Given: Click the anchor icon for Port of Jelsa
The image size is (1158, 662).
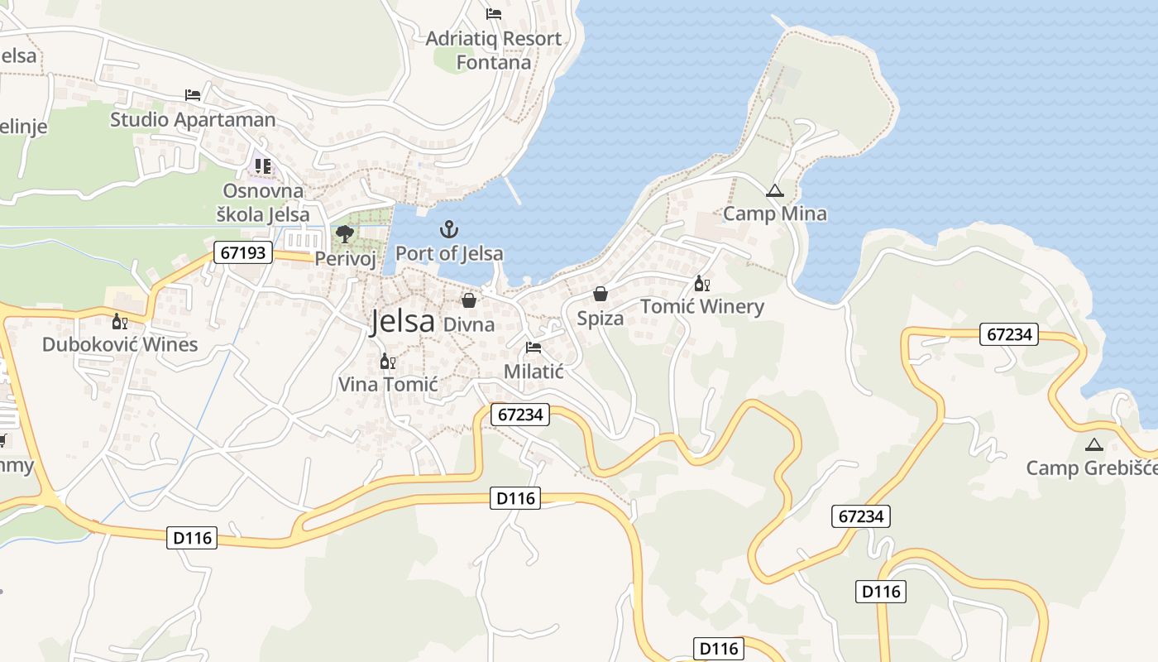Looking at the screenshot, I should tap(449, 229).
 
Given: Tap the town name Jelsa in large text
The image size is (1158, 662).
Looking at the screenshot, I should tap(403, 321).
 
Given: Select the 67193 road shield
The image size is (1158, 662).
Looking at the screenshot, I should tap(243, 252).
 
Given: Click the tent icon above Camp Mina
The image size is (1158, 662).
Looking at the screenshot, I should tap(774, 191).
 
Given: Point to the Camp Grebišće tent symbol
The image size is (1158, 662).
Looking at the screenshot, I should tap(1094, 444).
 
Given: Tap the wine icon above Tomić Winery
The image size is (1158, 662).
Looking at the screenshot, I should tap(702, 284).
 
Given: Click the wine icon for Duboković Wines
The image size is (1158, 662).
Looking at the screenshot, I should tap(120, 321).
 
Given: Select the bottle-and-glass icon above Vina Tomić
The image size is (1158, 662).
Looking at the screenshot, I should tap(387, 361).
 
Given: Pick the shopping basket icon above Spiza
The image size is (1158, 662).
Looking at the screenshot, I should tap(601, 295).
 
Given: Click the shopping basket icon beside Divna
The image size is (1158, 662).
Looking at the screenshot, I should tap(469, 300).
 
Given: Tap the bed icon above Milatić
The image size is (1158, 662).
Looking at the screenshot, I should tap(534, 348).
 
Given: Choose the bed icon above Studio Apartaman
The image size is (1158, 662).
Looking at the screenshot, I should tap(193, 95).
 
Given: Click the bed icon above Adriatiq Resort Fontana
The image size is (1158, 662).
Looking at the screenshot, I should tap(494, 14).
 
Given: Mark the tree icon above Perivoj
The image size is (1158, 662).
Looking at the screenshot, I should tap(345, 235).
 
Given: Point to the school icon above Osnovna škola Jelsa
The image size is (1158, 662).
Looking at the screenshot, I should tap(263, 166).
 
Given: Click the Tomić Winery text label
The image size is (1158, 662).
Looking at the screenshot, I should tap(702, 307).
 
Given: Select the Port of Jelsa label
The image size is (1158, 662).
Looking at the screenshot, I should tap(449, 253).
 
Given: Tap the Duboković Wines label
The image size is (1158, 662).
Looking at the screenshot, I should tap(120, 344).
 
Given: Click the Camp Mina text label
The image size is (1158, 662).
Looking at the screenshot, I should tap(774, 213).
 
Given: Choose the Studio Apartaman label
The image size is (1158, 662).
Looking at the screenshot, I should tap(193, 119).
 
